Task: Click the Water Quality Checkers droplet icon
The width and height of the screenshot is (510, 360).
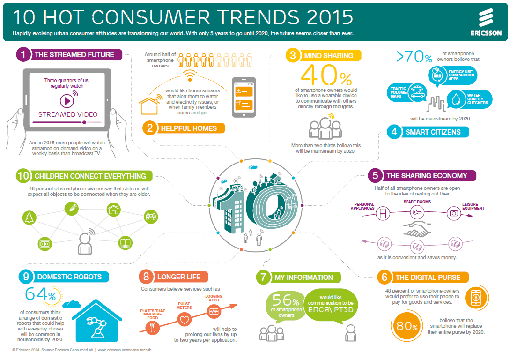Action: [x=455, y=98]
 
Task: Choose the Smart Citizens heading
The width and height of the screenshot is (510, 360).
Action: [x=433, y=132]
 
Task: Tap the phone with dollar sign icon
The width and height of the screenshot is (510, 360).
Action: [x=476, y=296]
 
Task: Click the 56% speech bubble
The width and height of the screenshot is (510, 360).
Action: [x=282, y=306]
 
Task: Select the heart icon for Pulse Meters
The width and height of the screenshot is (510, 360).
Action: [x=184, y=321]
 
